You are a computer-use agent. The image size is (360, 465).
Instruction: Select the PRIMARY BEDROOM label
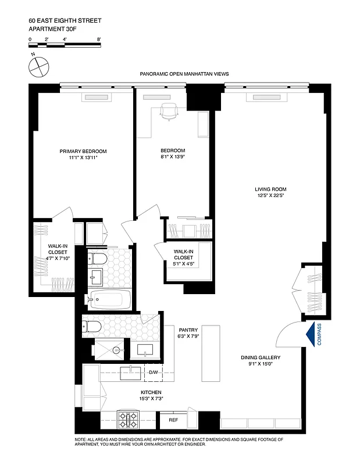[83, 151]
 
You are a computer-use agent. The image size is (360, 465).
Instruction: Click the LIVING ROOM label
[270, 189]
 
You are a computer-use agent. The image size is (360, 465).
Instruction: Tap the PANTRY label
[188, 330]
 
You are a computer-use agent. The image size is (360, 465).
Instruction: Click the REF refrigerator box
[173, 419]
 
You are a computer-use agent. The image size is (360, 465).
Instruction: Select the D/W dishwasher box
[154, 372]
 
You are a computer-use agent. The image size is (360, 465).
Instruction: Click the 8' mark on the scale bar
[99, 38]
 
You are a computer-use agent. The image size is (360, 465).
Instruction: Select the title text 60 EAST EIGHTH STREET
[65, 20]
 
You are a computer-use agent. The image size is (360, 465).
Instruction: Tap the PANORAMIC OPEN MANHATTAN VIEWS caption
[184, 74]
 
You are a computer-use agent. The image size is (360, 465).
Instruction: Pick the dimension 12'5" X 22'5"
[270, 196]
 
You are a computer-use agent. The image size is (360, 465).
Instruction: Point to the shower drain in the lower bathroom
[116, 350]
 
